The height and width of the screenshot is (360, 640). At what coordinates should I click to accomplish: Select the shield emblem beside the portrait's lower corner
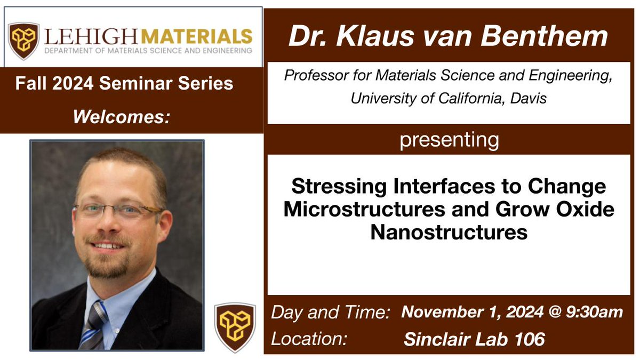click(x=235, y=326)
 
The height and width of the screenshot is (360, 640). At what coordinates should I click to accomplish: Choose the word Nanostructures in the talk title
click(x=449, y=233)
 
